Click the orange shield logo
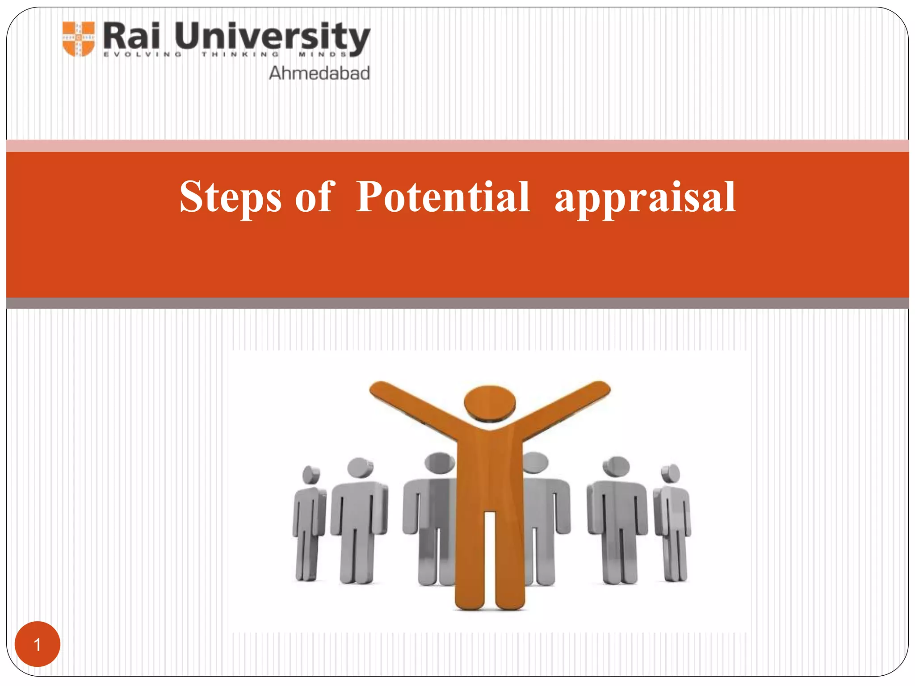point(79,39)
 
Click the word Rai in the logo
point(131,37)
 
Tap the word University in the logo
point(272,38)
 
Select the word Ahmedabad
point(319,73)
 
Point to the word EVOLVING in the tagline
point(142,54)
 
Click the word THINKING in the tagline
point(240,54)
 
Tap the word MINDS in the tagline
point(323,54)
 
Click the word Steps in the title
point(231,197)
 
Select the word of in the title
point(314,197)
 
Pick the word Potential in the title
point(443,197)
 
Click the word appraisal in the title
point(645,198)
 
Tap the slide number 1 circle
point(38,644)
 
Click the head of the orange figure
point(490,402)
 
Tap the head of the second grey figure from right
point(616,466)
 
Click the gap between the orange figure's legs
point(490,558)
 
